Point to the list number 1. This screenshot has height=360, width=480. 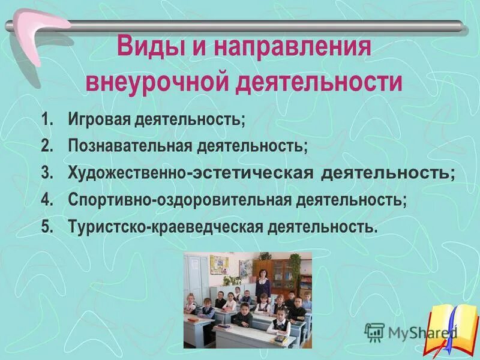tap(47, 119)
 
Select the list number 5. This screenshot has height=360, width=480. tap(47, 227)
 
